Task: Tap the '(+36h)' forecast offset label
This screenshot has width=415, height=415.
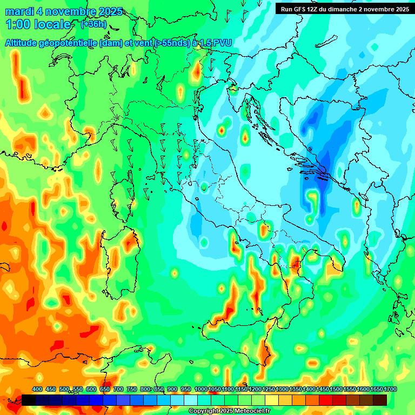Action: point(93,24)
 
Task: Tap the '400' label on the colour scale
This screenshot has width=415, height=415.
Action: point(37,390)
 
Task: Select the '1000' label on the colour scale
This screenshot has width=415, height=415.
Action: point(200,390)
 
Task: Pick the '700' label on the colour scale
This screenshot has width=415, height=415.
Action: point(118,390)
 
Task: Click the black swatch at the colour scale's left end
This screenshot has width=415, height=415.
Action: point(29,400)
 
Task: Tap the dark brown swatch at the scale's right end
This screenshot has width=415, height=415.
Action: point(380,400)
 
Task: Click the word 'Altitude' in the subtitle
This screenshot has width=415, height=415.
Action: point(24,43)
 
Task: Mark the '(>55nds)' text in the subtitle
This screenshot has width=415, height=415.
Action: point(172,43)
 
